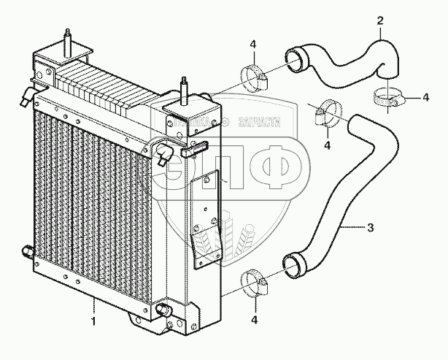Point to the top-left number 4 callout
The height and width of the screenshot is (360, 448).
click(x=252, y=45)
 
